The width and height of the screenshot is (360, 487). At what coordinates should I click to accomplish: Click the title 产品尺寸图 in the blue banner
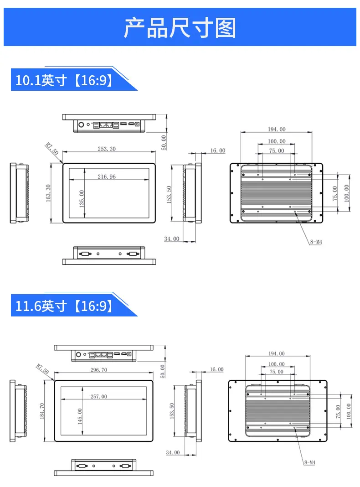180,28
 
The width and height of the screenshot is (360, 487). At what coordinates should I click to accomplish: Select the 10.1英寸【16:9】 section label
64,80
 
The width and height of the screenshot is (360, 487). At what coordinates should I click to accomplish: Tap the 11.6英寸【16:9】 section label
64,306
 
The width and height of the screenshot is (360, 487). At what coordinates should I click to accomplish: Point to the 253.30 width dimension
107,149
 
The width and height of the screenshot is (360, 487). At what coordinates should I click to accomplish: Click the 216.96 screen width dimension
107,176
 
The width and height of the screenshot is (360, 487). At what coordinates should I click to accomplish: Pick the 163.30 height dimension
48,193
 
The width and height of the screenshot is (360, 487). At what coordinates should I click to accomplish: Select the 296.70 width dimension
99,370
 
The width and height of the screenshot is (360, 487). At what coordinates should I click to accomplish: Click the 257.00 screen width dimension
99,396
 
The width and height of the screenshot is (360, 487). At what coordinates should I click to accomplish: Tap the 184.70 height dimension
42,411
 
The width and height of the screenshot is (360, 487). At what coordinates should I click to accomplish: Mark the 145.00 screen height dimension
80,416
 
